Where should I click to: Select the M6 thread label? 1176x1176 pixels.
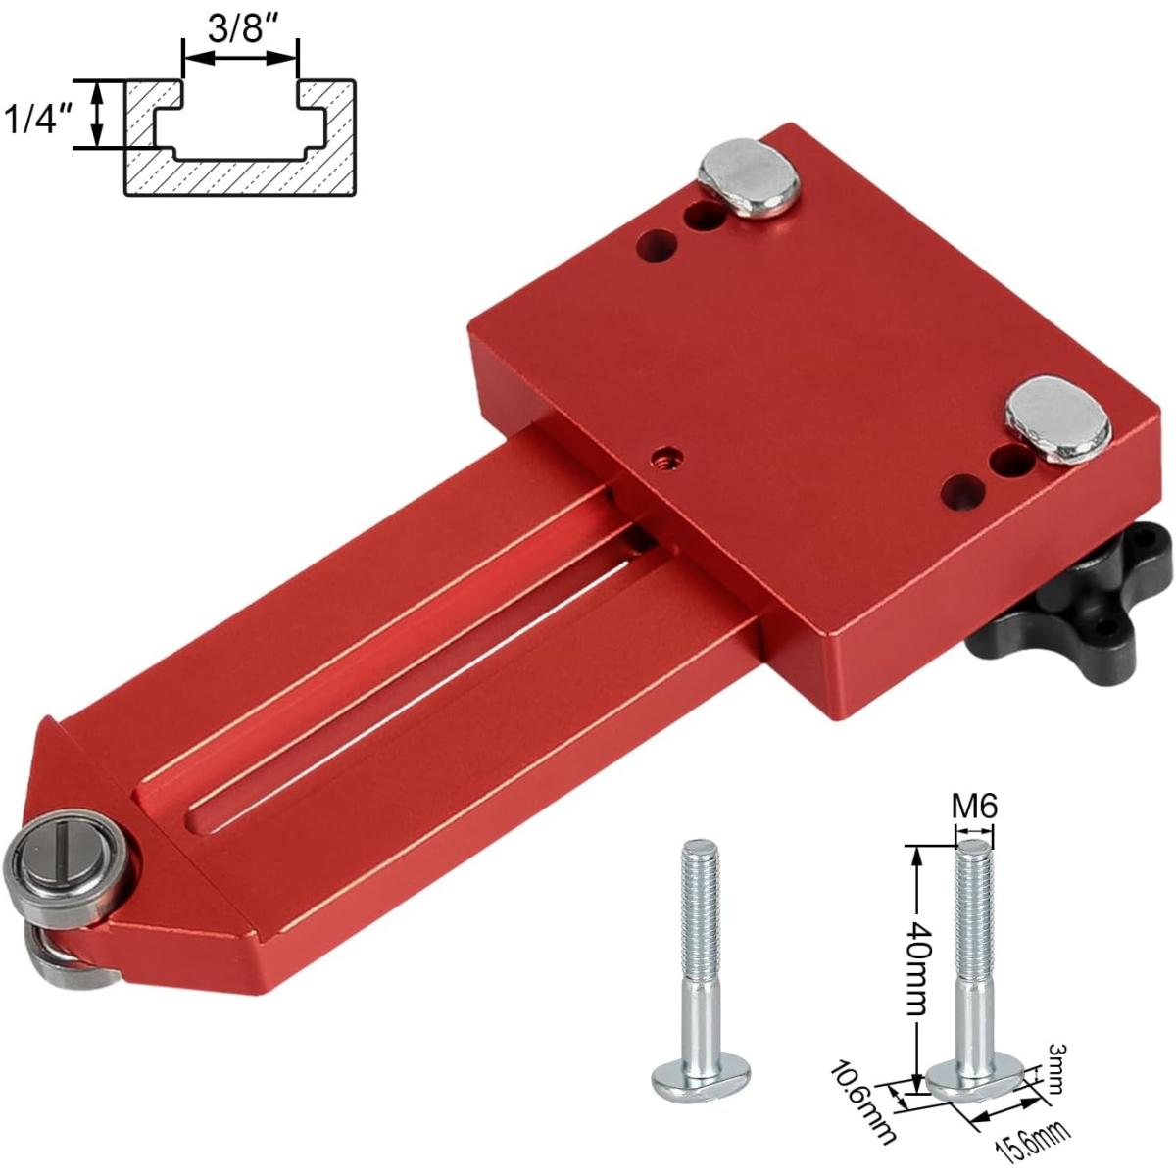974,807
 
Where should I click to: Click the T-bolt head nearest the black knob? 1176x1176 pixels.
1057,418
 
